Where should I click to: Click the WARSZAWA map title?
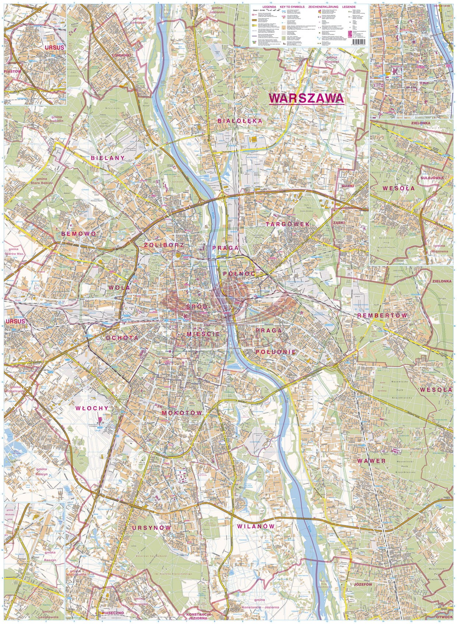coord(306,98)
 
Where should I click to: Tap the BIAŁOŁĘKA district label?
coord(240,121)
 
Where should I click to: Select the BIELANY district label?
coord(108,158)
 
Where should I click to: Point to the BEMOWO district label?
coord(78,234)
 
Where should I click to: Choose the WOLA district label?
coord(119,287)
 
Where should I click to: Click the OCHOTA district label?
coord(122,337)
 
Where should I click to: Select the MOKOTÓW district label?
coord(182,413)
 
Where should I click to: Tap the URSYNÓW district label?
coord(151,527)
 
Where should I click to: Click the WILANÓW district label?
coord(256,526)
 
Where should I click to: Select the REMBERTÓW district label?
coord(382,316)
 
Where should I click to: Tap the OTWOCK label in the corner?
coord(446,617)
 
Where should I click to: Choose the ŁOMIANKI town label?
coord(121,55)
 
